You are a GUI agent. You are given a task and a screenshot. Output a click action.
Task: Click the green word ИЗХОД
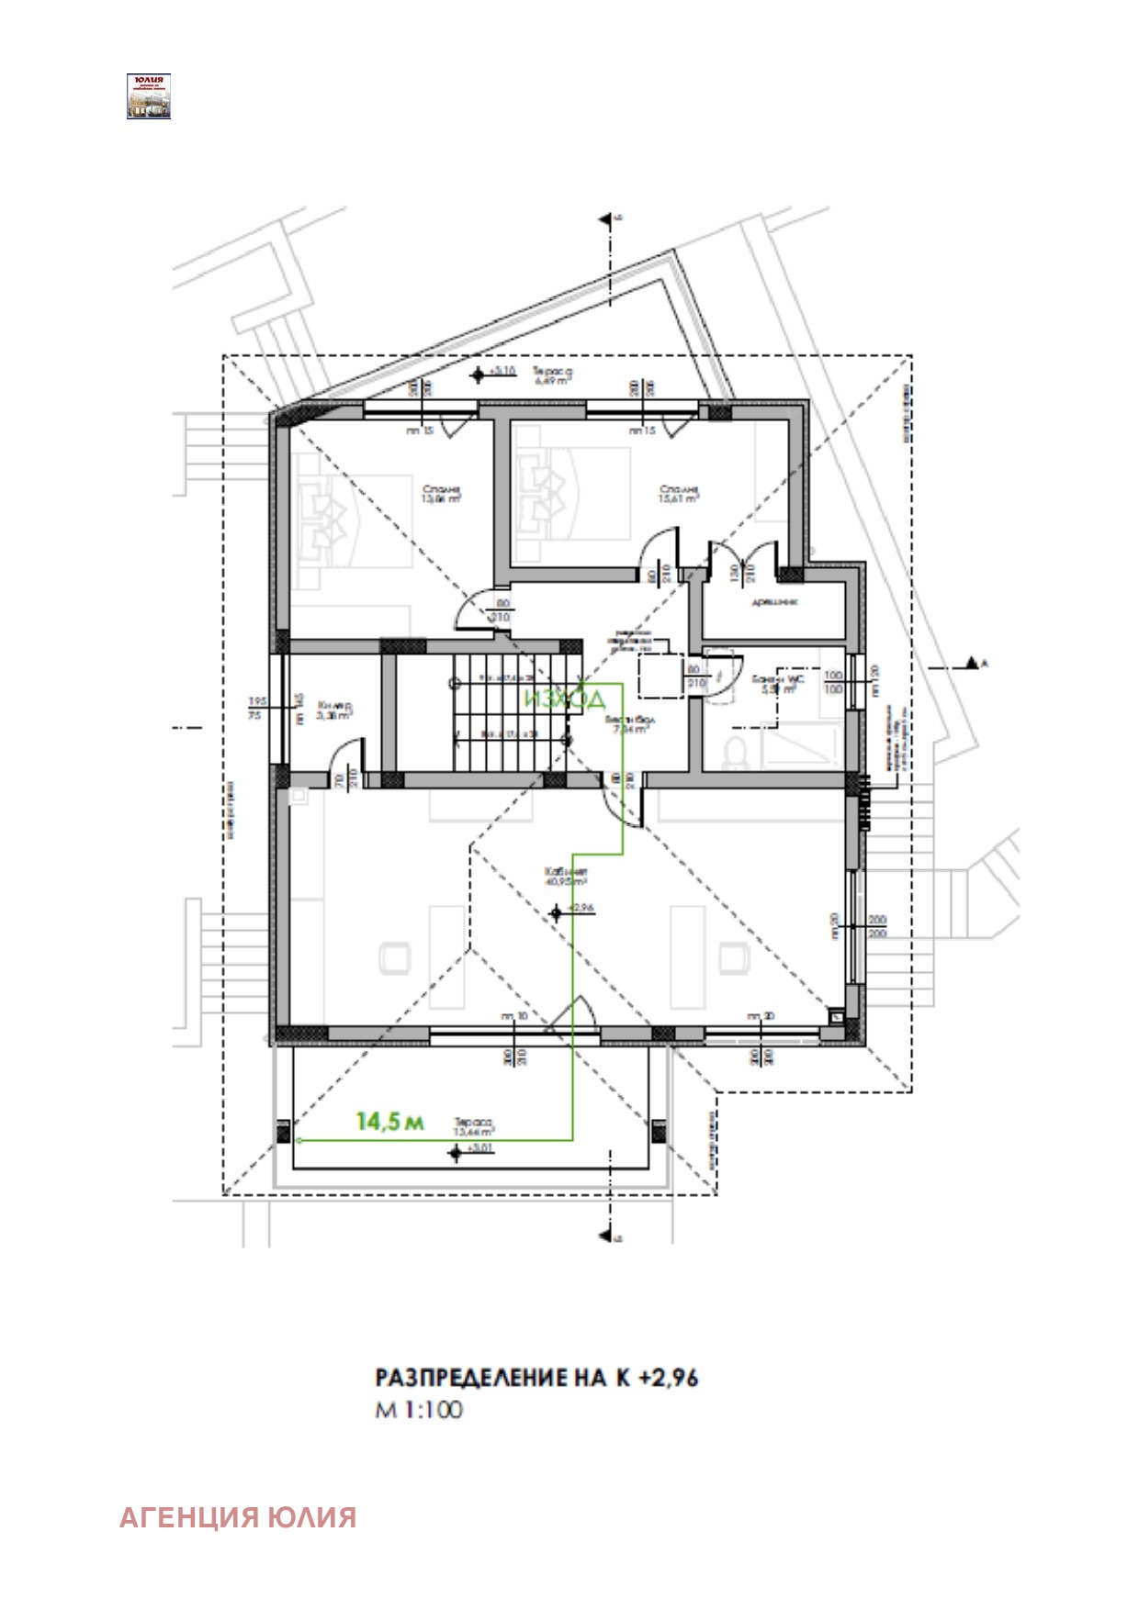(565, 699)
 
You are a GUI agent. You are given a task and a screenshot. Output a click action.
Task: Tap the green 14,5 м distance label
(389, 1121)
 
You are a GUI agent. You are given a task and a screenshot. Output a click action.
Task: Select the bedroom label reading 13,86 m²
(441, 495)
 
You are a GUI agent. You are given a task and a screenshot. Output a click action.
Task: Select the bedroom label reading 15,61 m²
(679, 495)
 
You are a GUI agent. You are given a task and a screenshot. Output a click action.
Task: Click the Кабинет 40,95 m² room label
(566, 876)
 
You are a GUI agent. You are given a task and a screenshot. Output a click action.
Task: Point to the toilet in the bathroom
(735, 753)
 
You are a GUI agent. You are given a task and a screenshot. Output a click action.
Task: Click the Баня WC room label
(777, 683)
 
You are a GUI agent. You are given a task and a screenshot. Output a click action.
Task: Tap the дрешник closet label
(774, 602)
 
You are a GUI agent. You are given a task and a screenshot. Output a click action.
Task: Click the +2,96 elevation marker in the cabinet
(557, 911)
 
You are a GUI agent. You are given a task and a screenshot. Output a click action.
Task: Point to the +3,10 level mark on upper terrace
(478, 374)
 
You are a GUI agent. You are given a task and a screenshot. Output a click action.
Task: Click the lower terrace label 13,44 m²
(474, 1126)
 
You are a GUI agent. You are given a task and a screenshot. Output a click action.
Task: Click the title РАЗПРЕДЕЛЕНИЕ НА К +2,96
(536, 1378)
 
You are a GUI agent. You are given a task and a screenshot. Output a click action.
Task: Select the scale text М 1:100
(418, 1410)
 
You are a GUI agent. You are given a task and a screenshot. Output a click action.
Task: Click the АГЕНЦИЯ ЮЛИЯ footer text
(238, 1517)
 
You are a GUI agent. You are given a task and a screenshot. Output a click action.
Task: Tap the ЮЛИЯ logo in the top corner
(149, 96)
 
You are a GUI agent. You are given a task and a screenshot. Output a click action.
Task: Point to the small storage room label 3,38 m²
(334, 711)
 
